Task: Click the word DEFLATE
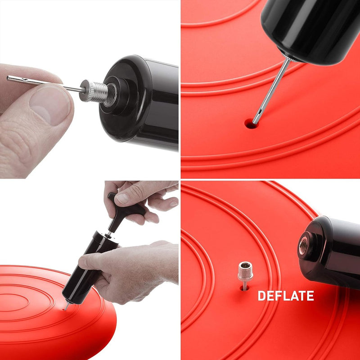pos(286,296)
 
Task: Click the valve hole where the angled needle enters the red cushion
pos(251,124)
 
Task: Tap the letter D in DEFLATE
pos(262,296)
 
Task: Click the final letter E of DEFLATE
pos(310,296)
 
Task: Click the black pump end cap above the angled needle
pos(310,31)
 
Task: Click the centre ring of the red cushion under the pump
pos(14,302)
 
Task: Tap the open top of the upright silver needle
pos(245,265)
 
